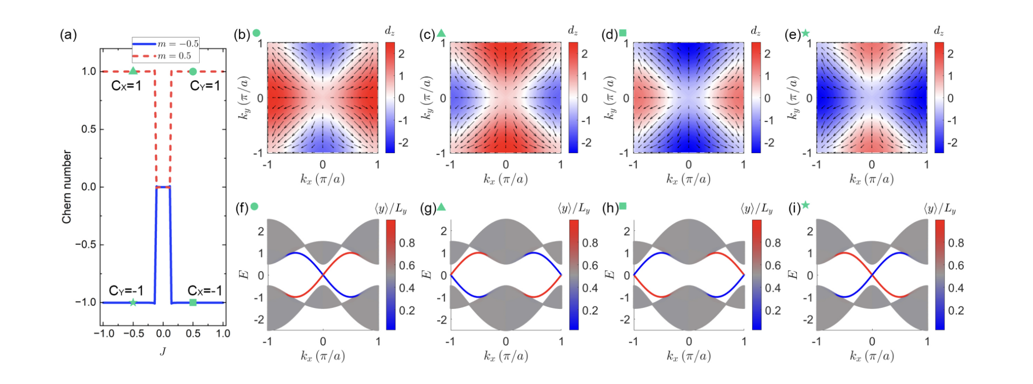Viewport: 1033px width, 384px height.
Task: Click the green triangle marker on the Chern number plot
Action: coord(133,71)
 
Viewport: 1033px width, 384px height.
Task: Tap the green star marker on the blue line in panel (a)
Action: coord(133,302)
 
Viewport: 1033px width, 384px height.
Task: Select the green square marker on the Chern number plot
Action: coord(193,302)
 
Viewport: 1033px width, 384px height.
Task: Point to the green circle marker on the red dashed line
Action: coord(193,72)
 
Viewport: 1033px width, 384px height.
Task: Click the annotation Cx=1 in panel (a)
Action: coord(126,86)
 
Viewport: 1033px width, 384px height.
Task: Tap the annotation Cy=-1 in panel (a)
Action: coord(126,291)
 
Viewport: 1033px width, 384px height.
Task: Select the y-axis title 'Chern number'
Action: coord(67,187)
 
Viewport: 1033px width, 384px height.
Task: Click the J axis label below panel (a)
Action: coord(162,351)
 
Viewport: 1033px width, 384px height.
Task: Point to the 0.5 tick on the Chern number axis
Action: coord(89,129)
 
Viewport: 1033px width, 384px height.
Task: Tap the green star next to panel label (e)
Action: coord(806,33)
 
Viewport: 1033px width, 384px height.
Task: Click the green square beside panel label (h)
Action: coord(623,206)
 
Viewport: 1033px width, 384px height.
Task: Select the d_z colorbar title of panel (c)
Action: coord(572,31)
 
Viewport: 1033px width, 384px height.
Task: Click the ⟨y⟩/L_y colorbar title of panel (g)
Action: coord(573,208)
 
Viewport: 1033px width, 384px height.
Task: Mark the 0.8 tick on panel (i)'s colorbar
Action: coord(956,243)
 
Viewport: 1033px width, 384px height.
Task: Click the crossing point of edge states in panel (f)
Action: coord(323,275)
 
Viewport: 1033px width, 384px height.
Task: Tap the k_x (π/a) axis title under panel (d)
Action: coord(688,179)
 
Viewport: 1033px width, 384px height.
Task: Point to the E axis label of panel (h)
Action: coord(610,275)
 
